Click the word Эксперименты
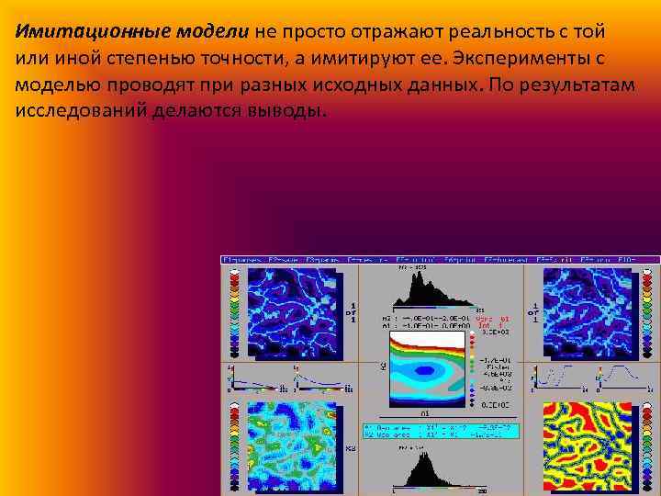pyautogui.click(x=520, y=57)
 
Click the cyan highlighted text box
pyautogui.click(x=441, y=430)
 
